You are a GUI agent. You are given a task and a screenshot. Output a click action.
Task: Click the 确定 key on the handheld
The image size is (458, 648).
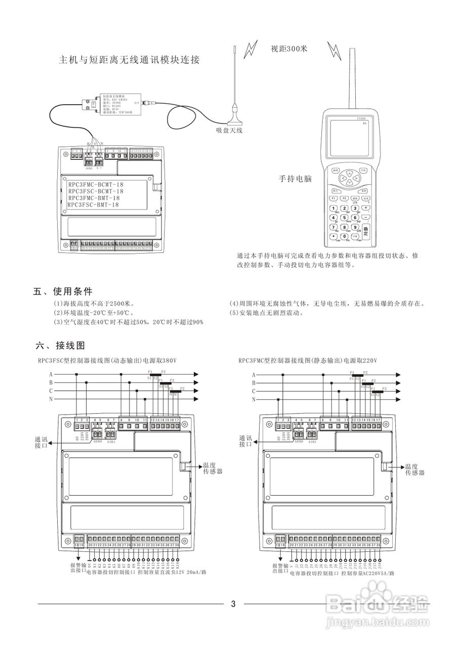(366, 230)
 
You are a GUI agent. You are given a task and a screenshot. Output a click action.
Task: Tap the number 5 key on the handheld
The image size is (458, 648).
(345, 218)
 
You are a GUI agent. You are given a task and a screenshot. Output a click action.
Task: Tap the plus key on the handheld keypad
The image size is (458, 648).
(366, 208)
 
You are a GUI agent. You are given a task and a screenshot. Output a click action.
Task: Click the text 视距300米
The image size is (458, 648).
(289, 49)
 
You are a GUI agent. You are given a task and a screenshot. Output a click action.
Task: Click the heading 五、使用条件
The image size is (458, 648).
(63, 292)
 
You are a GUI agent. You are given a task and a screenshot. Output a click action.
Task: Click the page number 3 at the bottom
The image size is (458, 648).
(233, 603)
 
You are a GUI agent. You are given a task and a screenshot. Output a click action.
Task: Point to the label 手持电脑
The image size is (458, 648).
(295, 179)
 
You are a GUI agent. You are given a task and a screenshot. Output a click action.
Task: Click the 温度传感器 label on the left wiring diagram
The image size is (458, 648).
(212, 468)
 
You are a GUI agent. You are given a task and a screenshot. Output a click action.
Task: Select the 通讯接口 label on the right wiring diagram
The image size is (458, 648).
(245, 441)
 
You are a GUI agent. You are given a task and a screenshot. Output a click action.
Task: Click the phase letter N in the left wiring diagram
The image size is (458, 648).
(51, 400)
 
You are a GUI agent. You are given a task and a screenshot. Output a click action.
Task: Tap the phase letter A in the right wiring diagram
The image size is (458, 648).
(254, 375)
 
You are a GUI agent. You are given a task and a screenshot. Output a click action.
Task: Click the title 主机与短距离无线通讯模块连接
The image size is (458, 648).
(130, 60)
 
